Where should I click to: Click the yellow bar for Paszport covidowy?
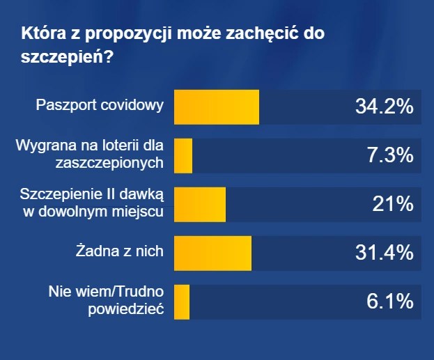(216, 107)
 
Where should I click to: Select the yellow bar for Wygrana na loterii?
(183, 156)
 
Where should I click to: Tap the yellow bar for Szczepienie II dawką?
(199, 205)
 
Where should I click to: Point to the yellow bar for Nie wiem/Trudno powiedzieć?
(181, 302)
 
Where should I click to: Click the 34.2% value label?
(385, 107)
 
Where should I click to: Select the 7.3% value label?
(390, 156)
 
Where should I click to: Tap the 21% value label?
(395, 205)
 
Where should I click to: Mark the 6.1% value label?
(390, 302)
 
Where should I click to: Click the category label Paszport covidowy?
(100, 106)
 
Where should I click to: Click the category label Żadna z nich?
(120, 251)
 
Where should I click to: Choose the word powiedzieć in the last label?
(125, 309)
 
